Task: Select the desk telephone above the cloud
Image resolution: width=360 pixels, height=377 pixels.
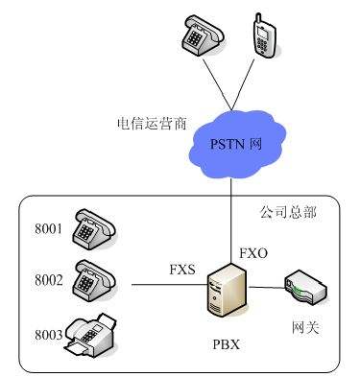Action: coord(199,37)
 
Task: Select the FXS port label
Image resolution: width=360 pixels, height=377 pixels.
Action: coord(183,270)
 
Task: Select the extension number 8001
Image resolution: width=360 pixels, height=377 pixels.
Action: coord(48,231)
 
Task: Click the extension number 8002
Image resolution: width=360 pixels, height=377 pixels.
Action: coord(48,280)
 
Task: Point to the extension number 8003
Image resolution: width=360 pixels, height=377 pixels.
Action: coord(48,335)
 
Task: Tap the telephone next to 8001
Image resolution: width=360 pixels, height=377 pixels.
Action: coord(95,227)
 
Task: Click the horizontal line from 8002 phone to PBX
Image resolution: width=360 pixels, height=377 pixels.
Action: coord(168,285)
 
